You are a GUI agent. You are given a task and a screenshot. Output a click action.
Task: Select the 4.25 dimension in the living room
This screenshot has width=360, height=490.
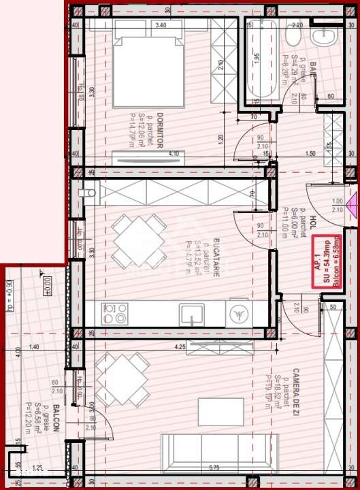point(180,347)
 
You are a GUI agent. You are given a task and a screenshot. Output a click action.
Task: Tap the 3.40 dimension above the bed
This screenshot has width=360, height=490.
point(161,24)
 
